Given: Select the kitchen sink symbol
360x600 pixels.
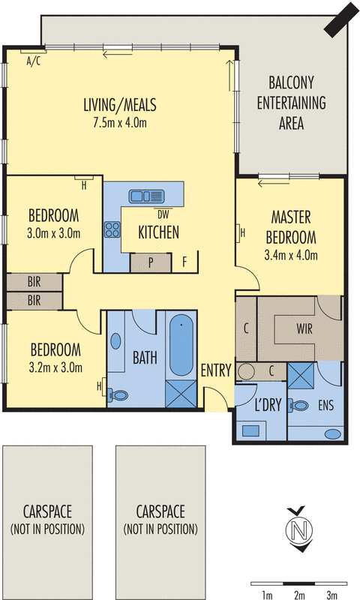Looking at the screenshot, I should pyautogui.click(x=146, y=196).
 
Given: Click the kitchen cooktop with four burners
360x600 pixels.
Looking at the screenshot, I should pyautogui.click(x=112, y=229).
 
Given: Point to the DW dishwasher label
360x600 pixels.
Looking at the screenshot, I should pyautogui.click(x=164, y=211).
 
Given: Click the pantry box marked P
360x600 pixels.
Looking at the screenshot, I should pyautogui.click(x=151, y=263).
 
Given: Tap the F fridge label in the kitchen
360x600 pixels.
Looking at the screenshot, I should pyautogui.click(x=184, y=263).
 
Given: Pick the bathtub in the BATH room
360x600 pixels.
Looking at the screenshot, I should pyautogui.click(x=181, y=346).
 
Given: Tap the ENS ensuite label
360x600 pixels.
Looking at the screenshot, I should pyautogui.click(x=325, y=406).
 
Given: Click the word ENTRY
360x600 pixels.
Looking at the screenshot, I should pyautogui.click(x=216, y=370).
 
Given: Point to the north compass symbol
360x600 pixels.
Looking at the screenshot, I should pyautogui.click(x=301, y=529).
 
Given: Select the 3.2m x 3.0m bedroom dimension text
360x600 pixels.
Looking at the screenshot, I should pyautogui.click(x=55, y=367).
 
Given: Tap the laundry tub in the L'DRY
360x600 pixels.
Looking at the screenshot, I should pyautogui.click(x=248, y=431).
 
